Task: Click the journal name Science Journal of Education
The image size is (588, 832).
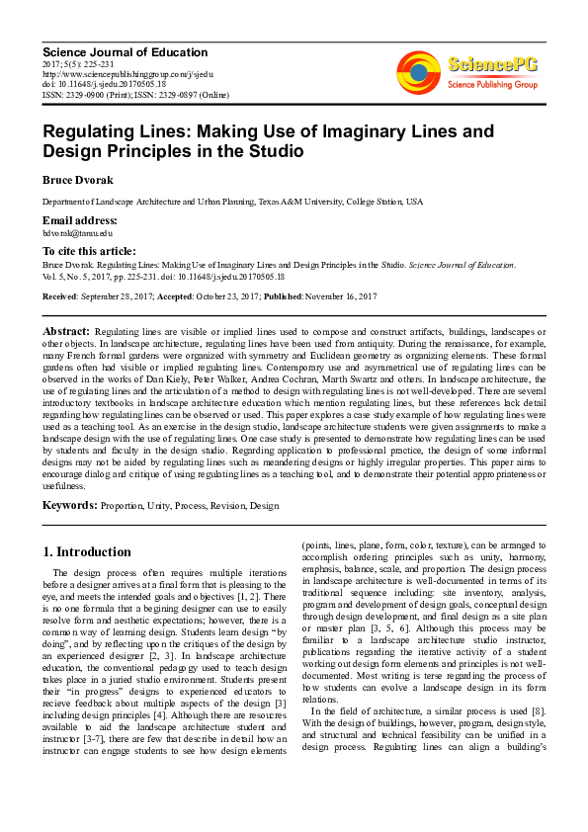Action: [125, 51]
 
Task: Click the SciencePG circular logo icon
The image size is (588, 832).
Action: [418, 70]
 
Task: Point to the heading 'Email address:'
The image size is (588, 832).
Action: [80, 219]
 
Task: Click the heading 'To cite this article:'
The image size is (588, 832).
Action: [89, 252]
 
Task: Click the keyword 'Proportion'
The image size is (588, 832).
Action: [125, 506]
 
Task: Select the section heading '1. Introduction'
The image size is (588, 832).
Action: [87, 551]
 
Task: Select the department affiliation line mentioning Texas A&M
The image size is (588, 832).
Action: [232, 202]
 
